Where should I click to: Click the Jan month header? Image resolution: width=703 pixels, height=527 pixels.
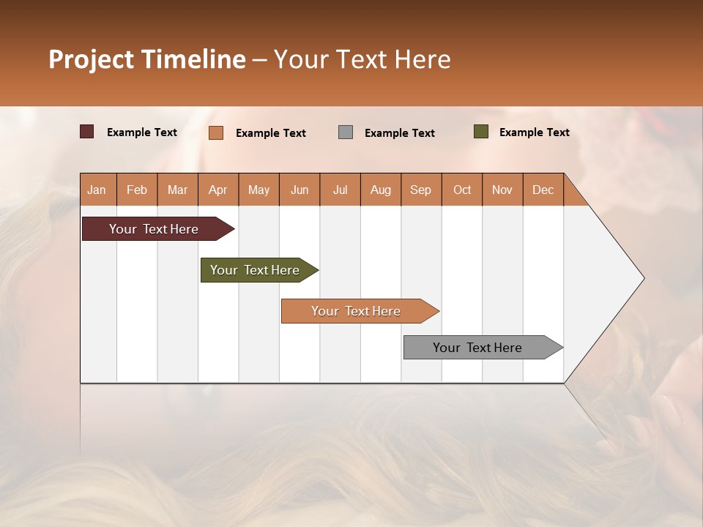click(x=97, y=190)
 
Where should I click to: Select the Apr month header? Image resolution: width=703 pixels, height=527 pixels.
click(x=218, y=190)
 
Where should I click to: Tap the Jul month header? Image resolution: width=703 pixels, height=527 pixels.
click(x=341, y=190)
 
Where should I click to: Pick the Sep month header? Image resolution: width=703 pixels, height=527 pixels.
click(x=421, y=190)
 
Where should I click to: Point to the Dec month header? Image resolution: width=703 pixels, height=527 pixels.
click(x=543, y=190)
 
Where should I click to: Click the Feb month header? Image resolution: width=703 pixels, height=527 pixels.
click(x=137, y=190)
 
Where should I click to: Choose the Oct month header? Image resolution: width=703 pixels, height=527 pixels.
click(x=462, y=190)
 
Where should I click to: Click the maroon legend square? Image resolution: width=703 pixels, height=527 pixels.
click(x=87, y=132)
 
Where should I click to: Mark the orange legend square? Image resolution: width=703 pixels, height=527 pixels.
click(x=216, y=132)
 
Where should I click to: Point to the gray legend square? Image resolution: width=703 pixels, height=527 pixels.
click(x=346, y=132)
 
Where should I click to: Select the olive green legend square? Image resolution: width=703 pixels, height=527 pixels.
click(x=481, y=132)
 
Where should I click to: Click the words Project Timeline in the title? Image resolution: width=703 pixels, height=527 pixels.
click(x=147, y=59)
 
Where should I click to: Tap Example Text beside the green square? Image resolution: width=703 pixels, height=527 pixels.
click(x=534, y=132)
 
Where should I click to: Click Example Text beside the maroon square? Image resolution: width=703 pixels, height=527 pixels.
click(x=141, y=132)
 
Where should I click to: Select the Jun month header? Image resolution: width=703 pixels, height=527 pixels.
click(x=300, y=190)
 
